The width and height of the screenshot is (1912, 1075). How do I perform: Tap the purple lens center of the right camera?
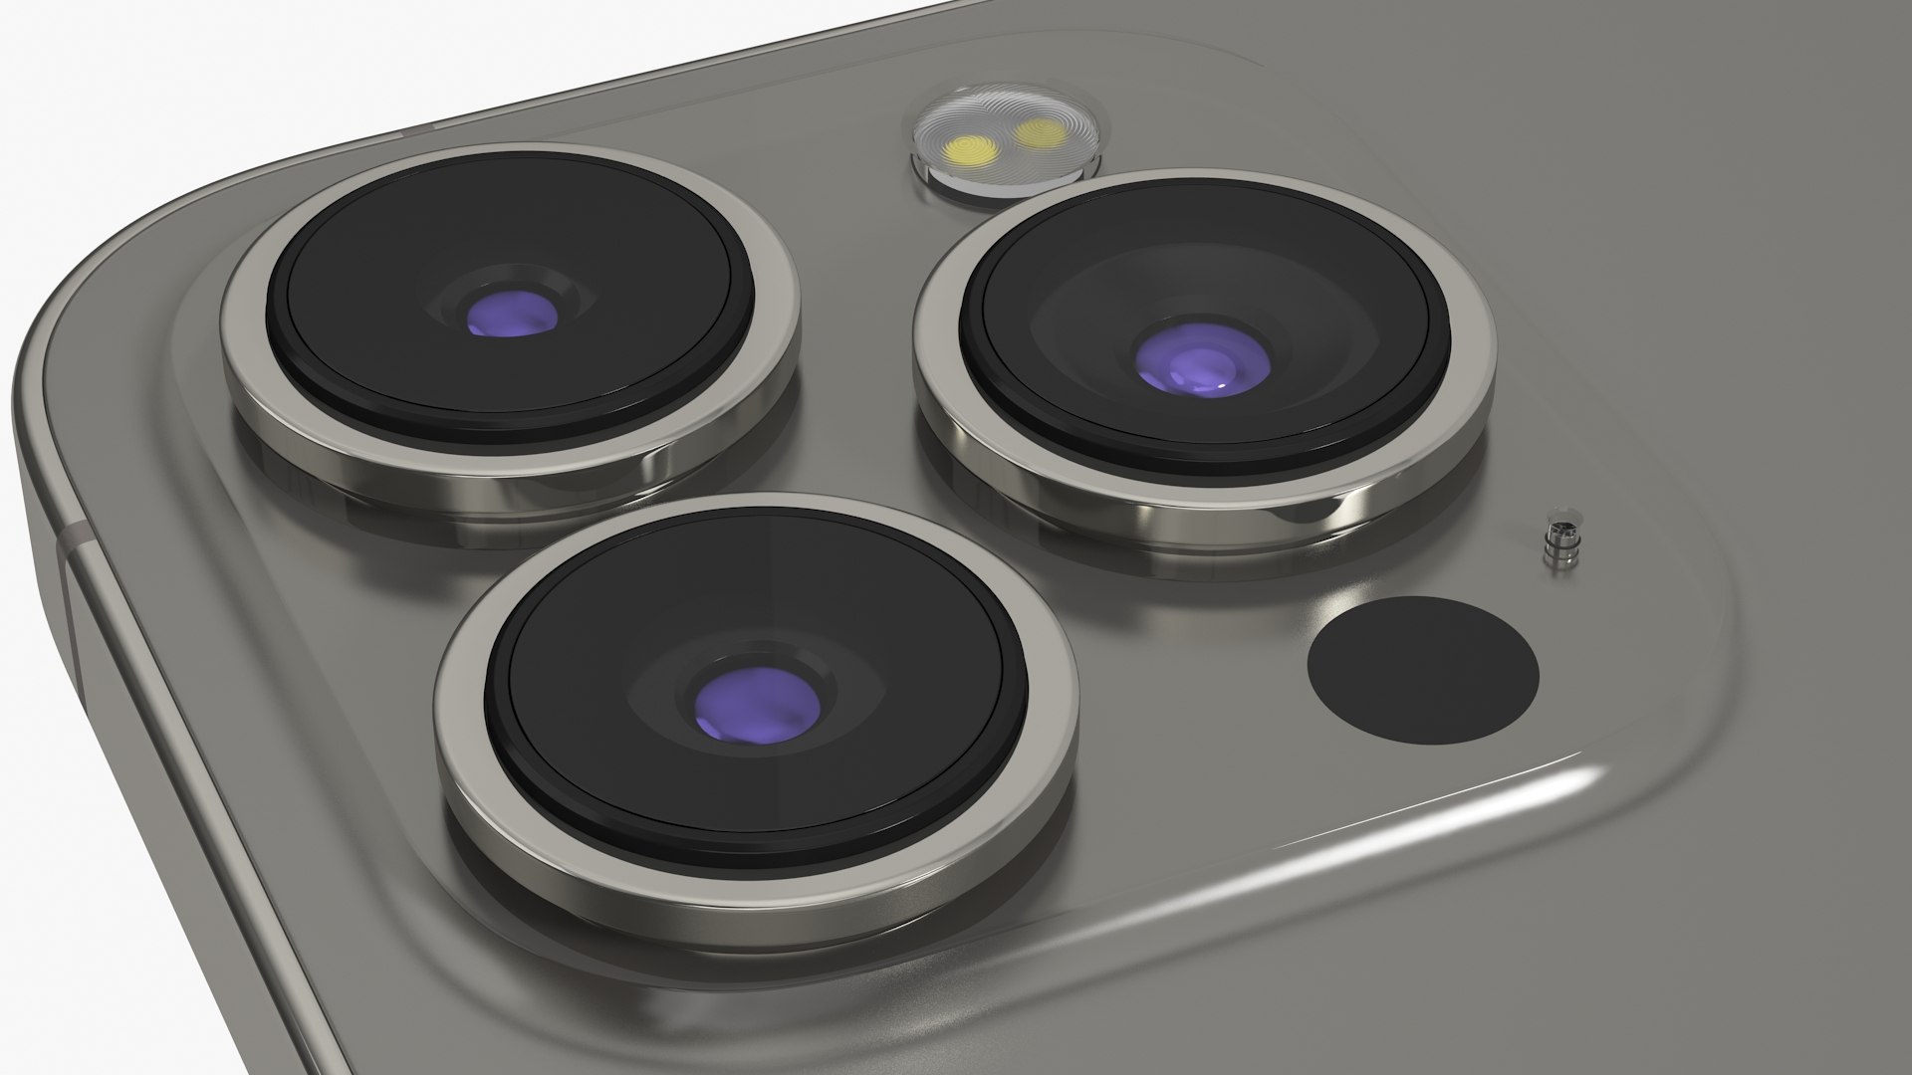1203,358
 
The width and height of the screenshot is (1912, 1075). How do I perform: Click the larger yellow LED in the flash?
970,152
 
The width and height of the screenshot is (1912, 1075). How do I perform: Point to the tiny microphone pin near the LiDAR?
1556,545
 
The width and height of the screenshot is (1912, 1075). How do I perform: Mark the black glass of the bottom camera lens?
617,617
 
